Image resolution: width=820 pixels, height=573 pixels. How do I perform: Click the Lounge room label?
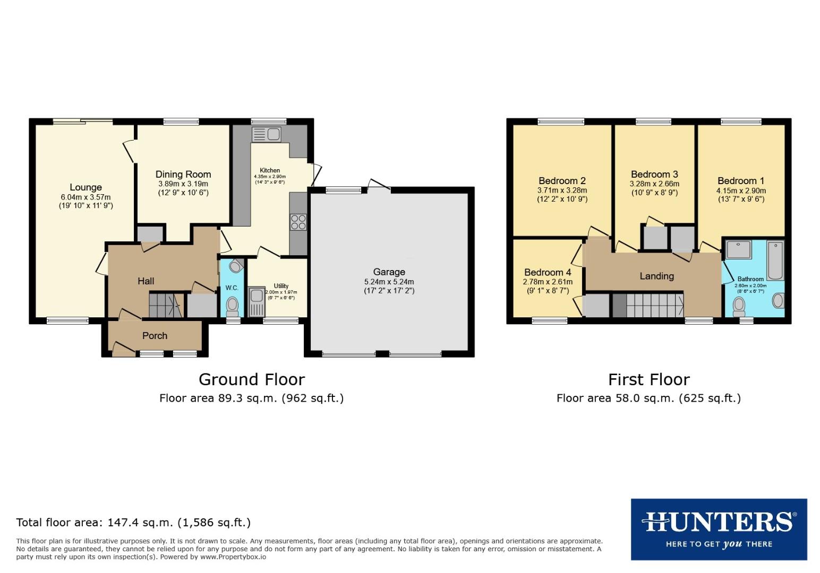coord(86,187)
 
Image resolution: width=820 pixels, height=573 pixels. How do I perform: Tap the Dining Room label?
coord(183,174)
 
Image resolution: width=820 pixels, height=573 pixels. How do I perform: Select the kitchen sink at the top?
coord(267,135)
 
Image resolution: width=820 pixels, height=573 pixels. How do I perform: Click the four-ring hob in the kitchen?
coord(298,222)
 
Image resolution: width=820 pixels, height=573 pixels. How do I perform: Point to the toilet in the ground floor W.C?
coord(232,306)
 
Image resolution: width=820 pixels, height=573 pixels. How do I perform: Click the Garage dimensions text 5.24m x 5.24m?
coord(389,282)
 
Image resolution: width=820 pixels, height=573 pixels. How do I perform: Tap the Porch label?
coord(155,336)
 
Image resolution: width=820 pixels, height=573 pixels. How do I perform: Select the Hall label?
coord(146,281)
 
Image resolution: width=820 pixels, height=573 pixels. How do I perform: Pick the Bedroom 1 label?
coord(741,181)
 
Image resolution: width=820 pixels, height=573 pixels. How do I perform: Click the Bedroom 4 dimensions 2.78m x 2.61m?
coord(548,282)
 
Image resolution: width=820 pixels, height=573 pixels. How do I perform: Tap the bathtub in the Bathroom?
coord(775,260)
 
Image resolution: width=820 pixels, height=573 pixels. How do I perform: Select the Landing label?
coord(656,276)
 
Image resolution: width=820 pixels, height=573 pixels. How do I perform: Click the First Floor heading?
coord(648,379)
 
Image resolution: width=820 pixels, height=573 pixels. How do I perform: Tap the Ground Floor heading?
coord(251,379)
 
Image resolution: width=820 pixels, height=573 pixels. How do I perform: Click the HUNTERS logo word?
coord(719,522)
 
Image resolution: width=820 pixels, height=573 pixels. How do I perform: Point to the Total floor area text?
coord(133,523)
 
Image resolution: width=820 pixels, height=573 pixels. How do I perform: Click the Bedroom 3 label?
coord(654,175)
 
